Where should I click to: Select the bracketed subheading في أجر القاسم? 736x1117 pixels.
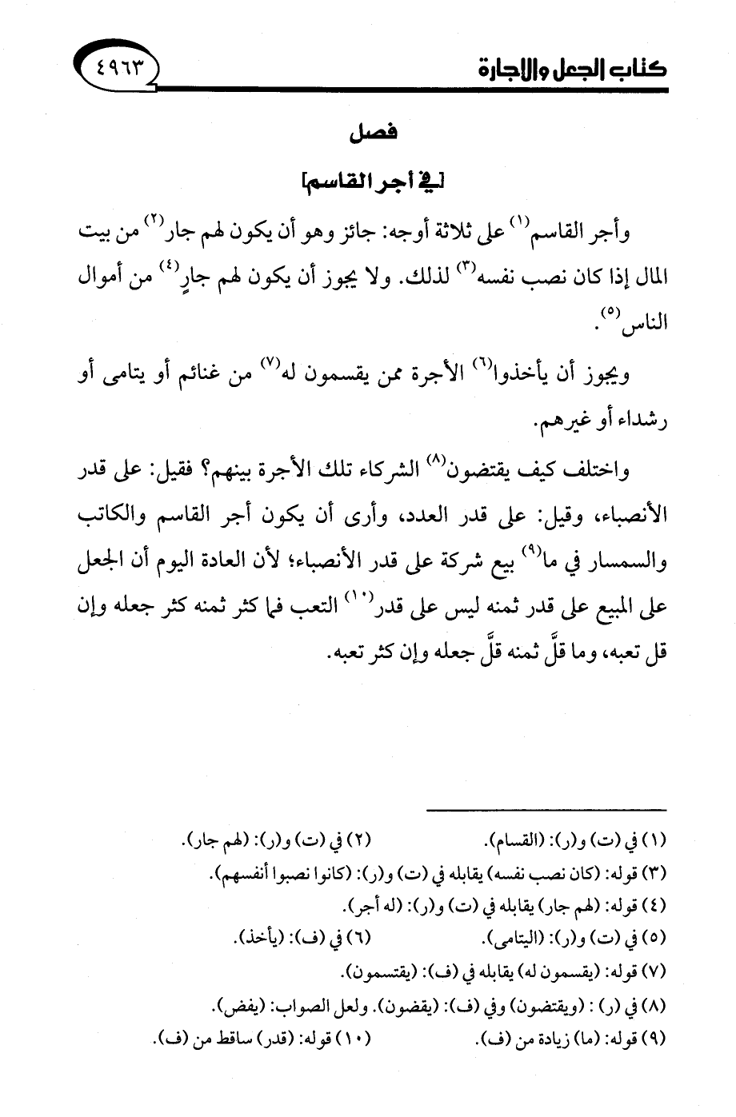point(370,189)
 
